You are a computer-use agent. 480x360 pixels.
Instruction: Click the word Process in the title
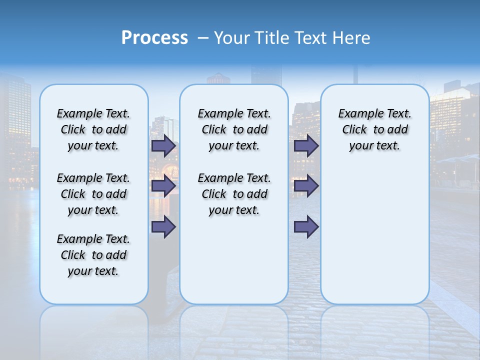(x=154, y=38)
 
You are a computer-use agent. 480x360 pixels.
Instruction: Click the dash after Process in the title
(x=203, y=38)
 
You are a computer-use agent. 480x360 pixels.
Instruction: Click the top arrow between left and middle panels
(x=163, y=145)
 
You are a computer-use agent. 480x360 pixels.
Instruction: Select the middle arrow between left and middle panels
(x=163, y=186)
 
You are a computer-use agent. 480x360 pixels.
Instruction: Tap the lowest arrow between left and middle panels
(x=163, y=226)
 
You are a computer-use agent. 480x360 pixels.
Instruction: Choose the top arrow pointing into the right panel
(x=306, y=145)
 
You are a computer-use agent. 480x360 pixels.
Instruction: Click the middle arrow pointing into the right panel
(x=306, y=186)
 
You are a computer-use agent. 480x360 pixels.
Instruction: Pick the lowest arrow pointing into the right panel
(x=306, y=226)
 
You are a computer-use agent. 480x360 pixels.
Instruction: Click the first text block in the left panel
(x=93, y=129)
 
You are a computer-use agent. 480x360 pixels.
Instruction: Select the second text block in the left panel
(x=93, y=194)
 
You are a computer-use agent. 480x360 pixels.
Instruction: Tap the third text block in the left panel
(x=93, y=255)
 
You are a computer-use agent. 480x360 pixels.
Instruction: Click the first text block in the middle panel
(x=234, y=129)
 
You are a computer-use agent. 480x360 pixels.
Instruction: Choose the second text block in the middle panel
(x=234, y=194)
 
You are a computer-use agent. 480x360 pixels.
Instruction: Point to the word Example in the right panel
(x=358, y=114)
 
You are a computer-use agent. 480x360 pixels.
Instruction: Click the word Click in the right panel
(x=354, y=130)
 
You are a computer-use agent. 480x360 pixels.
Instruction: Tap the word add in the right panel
(x=397, y=130)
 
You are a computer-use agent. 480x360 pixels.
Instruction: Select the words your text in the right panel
(x=374, y=146)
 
